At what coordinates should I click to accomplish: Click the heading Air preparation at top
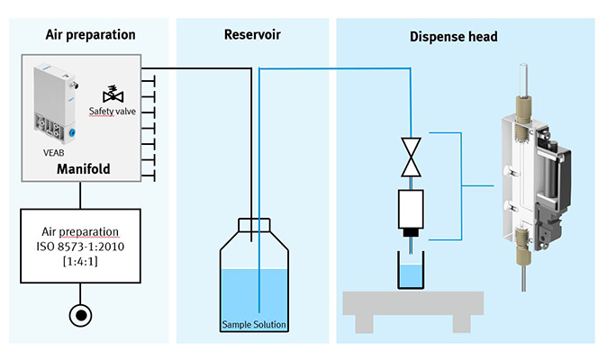click(x=90, y=35)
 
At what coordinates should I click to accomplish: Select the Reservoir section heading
click(x=252, y=35)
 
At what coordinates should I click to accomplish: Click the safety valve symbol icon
click(x=113, y=94)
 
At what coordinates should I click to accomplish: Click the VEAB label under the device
click(x=54, y=153)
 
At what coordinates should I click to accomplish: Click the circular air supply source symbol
click(x=81, y=317)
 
